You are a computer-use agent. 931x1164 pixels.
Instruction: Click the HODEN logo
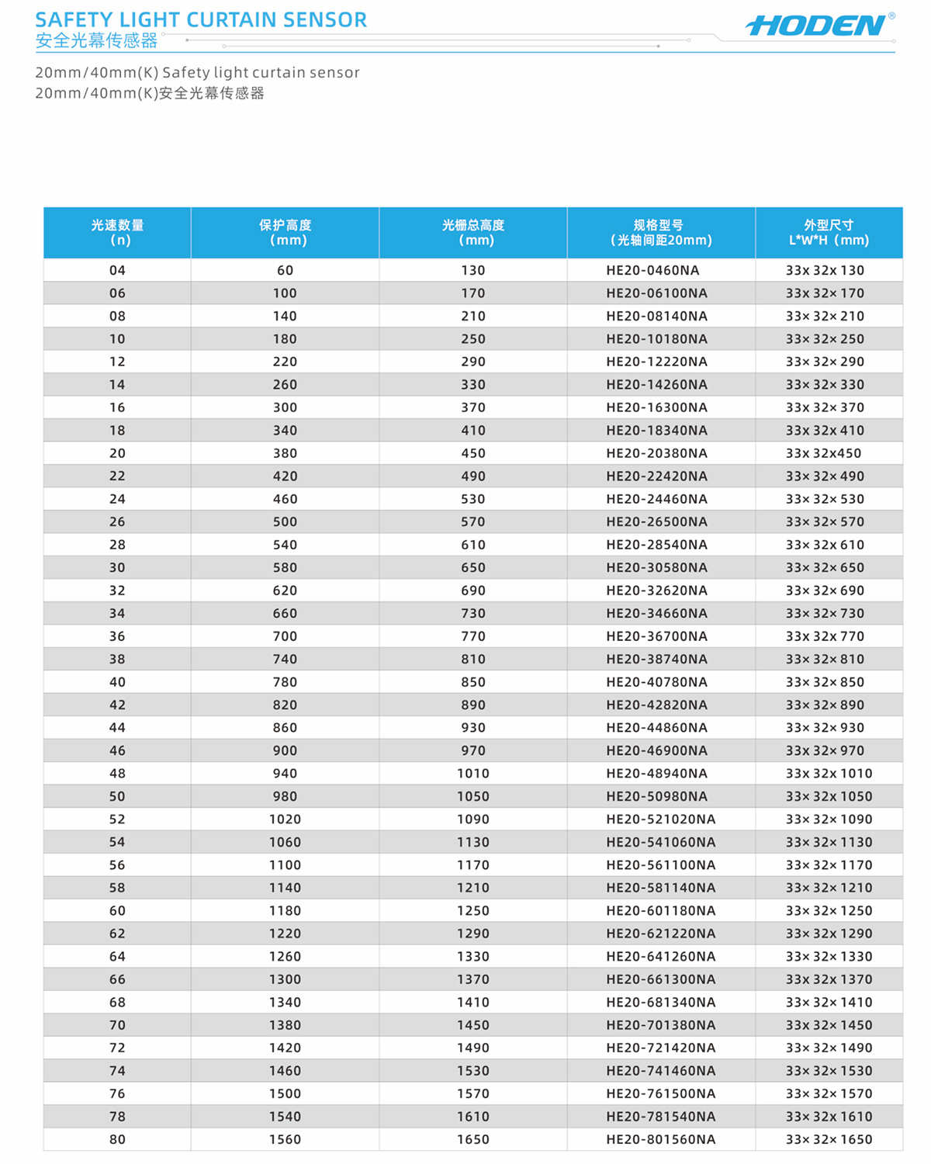pos(816,26)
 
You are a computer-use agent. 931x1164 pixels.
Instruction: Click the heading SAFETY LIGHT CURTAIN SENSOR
pos(201,20)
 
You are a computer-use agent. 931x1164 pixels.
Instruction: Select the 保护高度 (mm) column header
pos(285,233)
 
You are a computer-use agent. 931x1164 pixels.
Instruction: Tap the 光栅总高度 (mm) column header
pos(473,233)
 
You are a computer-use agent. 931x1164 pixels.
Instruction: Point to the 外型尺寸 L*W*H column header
pos(829,233)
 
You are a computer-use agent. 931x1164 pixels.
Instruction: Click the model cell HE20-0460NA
pos(652,271)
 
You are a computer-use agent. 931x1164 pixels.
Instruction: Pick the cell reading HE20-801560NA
pos(660,1140)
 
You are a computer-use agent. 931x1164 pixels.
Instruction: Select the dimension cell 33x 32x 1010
pos(829,774)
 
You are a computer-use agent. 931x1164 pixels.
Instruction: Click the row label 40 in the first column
pos(117,682)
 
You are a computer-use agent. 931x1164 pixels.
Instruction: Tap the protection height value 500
pos(285,522)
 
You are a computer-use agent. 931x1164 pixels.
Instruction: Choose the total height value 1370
pos(473,979)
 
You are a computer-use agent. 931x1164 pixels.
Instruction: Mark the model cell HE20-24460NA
pos(656,499)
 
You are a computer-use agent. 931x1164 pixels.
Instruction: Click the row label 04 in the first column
pos(117,271)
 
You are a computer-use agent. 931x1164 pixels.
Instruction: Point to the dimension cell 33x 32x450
pos(823,453)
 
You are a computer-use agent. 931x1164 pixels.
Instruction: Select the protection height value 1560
pos(285,1140)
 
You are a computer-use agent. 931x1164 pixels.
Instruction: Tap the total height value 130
pos(473,271)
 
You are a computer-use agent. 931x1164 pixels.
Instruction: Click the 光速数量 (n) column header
pos(117,233)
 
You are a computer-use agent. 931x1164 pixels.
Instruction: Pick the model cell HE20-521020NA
pos(660,819)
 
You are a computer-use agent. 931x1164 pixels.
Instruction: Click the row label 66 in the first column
pos(117,979)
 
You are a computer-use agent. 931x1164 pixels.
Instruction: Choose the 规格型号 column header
pos(660,233)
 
